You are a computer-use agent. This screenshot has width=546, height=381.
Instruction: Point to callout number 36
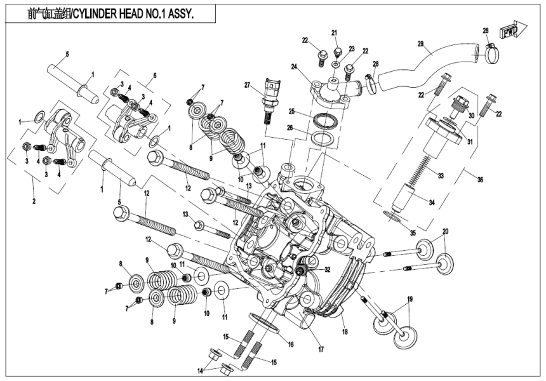pyautogui.click(x=480, y=180)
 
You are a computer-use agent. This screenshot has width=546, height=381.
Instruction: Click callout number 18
pyautogui.click(x=344, y=331)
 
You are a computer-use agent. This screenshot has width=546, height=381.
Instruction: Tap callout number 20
pyautogui.click(x=445, y=231)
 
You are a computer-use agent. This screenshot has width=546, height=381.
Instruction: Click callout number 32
pyautogui.click(x=328, y=270)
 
